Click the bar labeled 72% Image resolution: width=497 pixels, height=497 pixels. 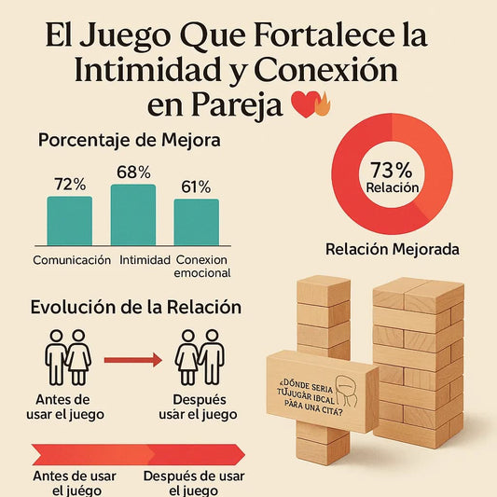70,219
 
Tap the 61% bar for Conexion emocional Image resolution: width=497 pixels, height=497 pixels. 196,221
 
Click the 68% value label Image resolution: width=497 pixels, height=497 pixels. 133,173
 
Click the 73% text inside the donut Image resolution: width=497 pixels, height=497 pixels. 392,169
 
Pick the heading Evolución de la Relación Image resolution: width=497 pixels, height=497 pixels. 136,307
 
